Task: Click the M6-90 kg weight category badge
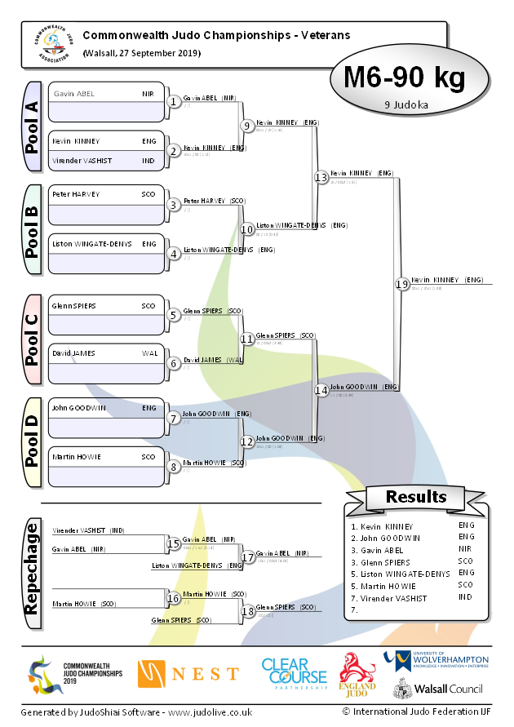pos(404,78)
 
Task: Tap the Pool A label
pos(32,126)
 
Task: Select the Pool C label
pos(32,339)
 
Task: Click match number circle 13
pos(321,177)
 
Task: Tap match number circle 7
pos(173,418)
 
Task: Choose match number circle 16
pos(173,598)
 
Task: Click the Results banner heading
pos(416,496)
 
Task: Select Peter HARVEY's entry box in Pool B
pos(106,195)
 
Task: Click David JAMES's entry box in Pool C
pos(106,353)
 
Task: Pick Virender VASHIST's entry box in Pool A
pos(106,161)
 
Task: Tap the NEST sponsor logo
pos(188,673)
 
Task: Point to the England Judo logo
pos(357,674)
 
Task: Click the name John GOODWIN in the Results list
pos(389,538)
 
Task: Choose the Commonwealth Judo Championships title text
pos(216,35)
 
